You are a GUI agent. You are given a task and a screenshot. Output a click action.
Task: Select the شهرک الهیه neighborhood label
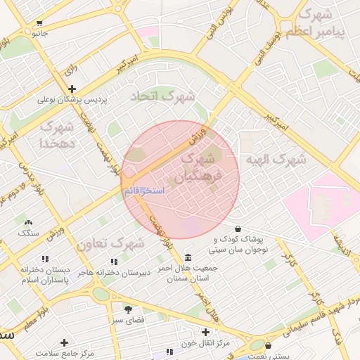tap(276, 160)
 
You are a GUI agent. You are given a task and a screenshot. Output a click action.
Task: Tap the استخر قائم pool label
tap(144, 191)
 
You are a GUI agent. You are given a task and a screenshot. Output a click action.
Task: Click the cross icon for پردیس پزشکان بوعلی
tap(72, 89)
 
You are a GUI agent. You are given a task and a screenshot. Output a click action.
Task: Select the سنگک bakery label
tap(29, 232)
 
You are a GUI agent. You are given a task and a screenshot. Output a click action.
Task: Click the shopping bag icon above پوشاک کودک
tap(239, 229)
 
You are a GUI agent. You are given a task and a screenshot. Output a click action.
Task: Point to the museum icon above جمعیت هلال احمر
tap(188, 257)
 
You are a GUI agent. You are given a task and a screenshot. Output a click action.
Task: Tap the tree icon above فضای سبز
tap(128, 309)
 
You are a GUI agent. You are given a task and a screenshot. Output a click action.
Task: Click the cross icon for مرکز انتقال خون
tap(205, 332)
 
